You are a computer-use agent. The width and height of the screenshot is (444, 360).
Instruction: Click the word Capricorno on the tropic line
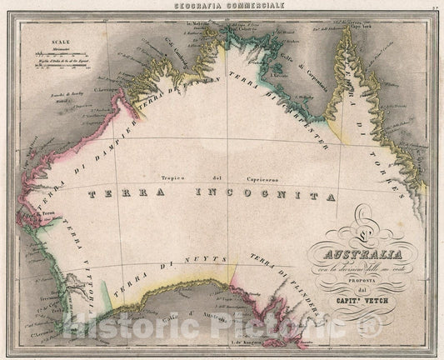pos(251,177)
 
